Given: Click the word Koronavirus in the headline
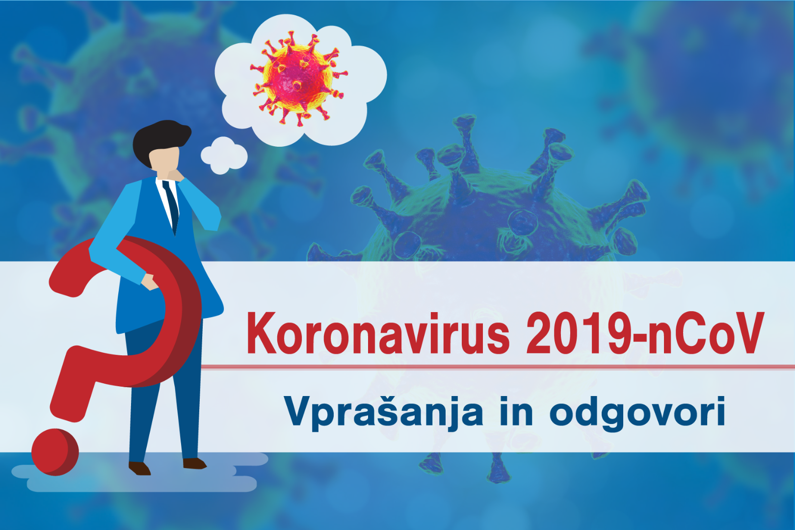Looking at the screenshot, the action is click(378, 333).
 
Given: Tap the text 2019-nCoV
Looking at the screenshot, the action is click(645, 333).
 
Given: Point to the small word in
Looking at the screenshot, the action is click(516, 411).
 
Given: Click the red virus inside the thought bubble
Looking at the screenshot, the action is click(298, 78).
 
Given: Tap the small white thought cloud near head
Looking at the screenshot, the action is click(224, 155).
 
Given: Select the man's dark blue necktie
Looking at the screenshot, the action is click(171, 207).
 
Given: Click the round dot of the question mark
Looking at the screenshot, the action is click(55, 452).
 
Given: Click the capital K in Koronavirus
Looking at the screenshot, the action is click(262, 333).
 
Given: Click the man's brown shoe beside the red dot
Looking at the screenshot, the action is click(140, 468).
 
